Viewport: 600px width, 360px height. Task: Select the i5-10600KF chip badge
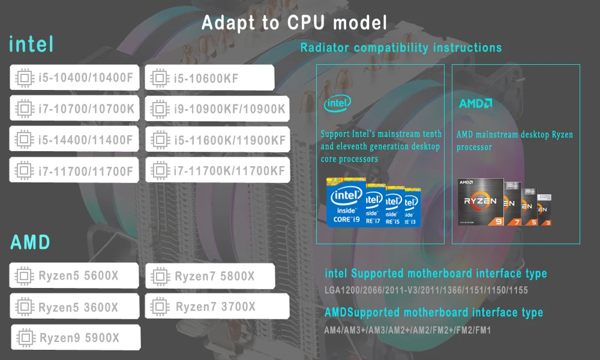[x=209, y=77]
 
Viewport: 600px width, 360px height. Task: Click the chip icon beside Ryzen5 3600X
[x=24, y=307]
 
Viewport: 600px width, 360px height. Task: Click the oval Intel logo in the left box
[x=337, y=103]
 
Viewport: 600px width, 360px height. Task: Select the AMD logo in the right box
[x=476, y=103]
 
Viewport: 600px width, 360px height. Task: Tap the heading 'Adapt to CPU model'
[x=294, y=23]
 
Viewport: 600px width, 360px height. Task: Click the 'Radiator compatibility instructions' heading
[x=401, y=47]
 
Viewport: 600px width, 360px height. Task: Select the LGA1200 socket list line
[x=426, y=290]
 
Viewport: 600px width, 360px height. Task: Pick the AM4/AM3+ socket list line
[x=407, y=330]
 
